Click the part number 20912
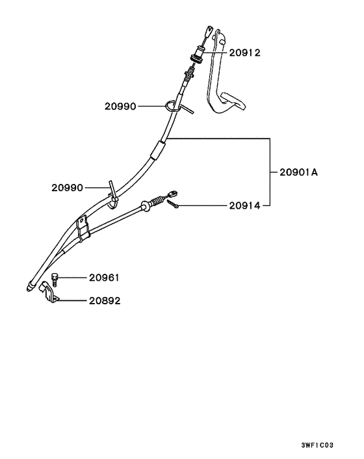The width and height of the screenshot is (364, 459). click(244, 53)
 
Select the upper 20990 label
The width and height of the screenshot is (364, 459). click(120, 106)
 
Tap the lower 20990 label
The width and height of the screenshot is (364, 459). click(68, 188)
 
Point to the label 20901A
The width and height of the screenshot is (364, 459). click(298, 172)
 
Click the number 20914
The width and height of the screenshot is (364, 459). click(244, 206)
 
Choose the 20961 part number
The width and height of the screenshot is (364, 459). click(104, 278)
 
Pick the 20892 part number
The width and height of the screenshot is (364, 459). click(105, 300)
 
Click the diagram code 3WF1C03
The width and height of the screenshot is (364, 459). click(317, 445)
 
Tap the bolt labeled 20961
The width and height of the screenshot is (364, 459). click(55, 280)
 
